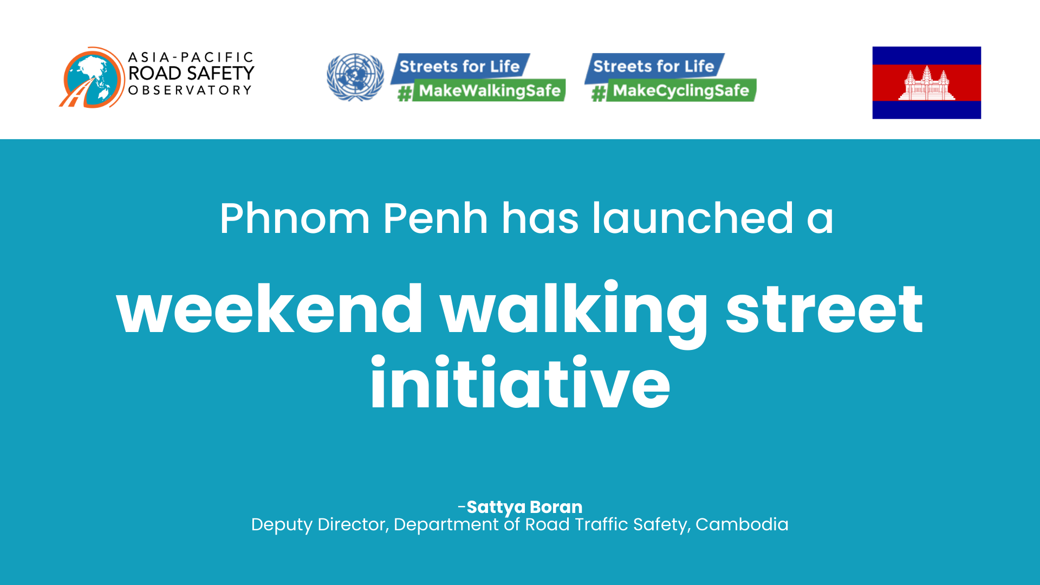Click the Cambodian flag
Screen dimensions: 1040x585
[926, 82]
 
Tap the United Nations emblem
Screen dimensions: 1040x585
[355, 77]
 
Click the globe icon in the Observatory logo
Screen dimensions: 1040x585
[92, 77]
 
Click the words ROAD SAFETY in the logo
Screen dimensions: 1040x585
[191, 73]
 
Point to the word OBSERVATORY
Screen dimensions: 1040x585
[190, 90]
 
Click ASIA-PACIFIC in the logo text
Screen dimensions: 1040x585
[191, 57]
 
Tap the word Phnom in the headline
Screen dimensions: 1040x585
[295, 219]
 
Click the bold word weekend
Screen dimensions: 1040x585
[269, 309]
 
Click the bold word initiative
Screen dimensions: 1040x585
[520, 382]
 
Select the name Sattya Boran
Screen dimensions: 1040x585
[524, 507]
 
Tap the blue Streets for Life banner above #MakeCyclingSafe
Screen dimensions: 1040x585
[654, 67]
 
